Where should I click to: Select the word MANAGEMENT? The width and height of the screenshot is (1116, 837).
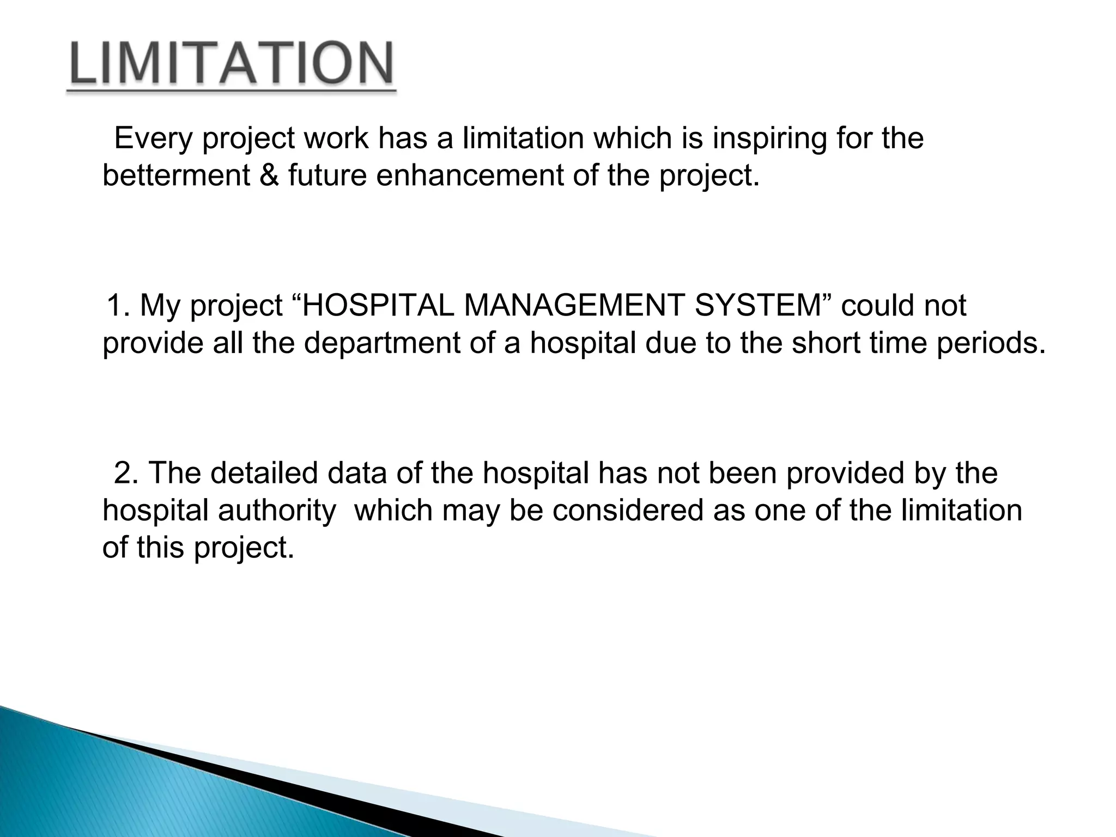(573, 305)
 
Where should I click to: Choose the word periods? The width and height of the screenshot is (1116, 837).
(987, 343)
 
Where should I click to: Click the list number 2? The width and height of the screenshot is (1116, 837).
(126, 473)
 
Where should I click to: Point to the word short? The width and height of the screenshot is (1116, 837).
(826, 343)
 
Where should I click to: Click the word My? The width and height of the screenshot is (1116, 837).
(159, 306)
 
